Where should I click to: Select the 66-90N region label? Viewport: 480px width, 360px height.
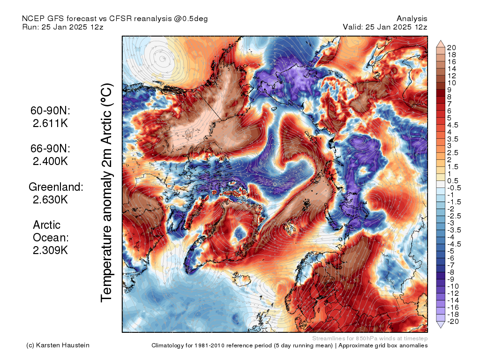pyautogui.click(x=50, y=149)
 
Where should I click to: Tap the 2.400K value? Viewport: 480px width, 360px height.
pyautogui.click(x=50, y=161)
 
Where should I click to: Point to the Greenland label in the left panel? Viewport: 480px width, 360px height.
pyautogui.click(x=56, y=187)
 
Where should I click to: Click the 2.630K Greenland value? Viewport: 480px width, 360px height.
pyautogui.click(x=50, y=200)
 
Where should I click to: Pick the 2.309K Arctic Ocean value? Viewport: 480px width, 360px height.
pyautogui.click(x=50, y=250)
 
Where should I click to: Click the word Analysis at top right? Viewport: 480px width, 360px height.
pyautogui.click(x=412, y=19)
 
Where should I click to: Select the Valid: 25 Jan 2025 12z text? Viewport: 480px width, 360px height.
pyautogui.click(x=385, y=27)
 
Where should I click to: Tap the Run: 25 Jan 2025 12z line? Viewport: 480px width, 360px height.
pyautogui.click(x=62, y=27)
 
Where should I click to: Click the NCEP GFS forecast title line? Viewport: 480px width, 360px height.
pyautogui.click(x=115, y=19)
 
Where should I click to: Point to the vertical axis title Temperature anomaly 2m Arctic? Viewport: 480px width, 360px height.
pyautogui.click(x=107, y=192)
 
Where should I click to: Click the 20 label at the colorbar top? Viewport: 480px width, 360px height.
pyautogui.click(x=452, y=47)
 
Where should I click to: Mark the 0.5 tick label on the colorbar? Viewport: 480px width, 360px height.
pyautogui.click(x=453, y=181)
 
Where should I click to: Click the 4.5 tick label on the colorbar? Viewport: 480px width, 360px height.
pyautogui.click(x=453, y=125)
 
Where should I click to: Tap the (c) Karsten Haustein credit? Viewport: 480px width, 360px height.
pyautogui.click(x=58, y=345)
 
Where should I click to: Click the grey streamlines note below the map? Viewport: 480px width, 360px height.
pyautogui.click(x=369, y=338)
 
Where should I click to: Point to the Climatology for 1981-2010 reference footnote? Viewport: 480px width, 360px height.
pyautogui.click(x=289, y=345)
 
